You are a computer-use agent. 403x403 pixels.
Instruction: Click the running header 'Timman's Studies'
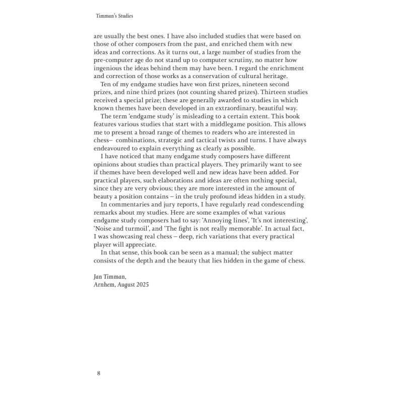click(x=114, y=16)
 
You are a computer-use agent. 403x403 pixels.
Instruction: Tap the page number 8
click(x=99, y=373)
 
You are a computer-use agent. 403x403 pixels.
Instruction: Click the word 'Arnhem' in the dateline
click(x=105, y=284)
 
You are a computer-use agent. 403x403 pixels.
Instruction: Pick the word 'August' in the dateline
click(x=126, y=284)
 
